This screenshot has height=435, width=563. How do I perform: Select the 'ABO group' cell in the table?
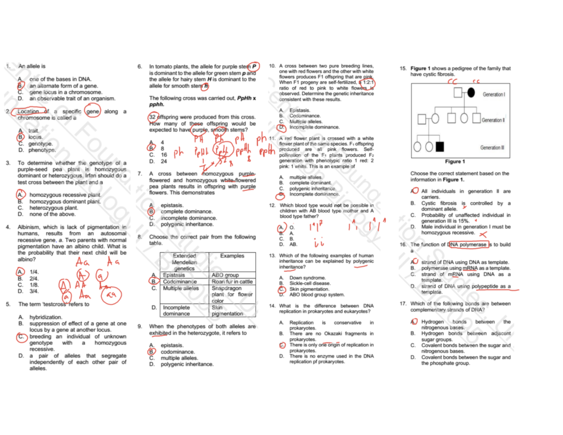pos(225,275)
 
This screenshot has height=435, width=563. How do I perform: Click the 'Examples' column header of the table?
pos(232,256)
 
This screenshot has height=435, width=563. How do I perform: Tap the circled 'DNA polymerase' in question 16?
pos(467,244)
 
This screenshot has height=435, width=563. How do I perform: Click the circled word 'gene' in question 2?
pos(93,111)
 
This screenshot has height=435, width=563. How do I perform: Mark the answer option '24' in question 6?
pos(164,161)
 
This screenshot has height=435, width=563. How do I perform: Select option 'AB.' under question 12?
pos(293,244)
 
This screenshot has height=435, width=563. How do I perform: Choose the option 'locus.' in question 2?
pos(36,137)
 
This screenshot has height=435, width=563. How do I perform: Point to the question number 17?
pos(403,303)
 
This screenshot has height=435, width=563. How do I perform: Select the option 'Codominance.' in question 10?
pos(305,115)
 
